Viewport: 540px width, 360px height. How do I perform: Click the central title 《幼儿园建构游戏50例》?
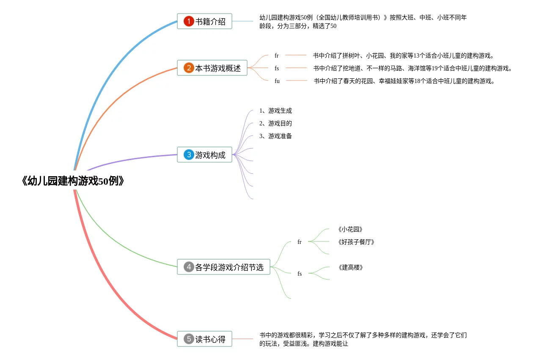(73, 181)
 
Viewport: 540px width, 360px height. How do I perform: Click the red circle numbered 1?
(189, 21)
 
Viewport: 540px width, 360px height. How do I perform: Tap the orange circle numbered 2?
(189, 68)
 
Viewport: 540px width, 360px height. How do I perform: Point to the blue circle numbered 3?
(189, 155)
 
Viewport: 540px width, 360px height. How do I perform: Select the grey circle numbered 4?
(189, 267)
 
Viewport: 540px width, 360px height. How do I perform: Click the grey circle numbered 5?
(189, 339)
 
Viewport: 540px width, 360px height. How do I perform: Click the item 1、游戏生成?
(276, 111)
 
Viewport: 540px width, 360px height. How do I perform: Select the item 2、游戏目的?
(276, 124)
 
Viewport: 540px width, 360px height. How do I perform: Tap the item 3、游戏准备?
(276, 136)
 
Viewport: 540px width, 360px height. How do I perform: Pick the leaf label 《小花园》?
(350, 230)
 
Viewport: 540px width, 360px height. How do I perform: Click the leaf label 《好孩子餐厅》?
(356, 242)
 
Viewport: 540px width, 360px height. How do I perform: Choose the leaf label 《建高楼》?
(350, 268)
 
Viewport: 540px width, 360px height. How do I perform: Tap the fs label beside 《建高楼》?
(300, 274)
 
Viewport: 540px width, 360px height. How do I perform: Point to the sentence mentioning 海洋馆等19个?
(413, 68)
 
